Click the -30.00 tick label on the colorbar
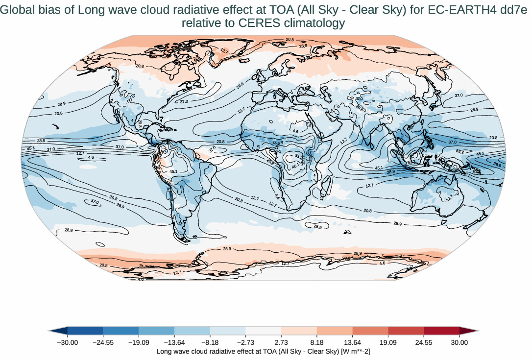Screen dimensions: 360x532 (x=68, y=342)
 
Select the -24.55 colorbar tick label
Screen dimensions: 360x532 (x=103, y=342)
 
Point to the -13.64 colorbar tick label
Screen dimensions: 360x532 (x=174, y=342)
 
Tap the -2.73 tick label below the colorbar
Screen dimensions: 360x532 (x=245, y=342)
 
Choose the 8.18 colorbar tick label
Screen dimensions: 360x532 (x=317, y=342)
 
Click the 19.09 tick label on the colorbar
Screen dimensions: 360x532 (x=388, y=342)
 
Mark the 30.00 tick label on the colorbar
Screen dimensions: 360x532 (x=459, y=342)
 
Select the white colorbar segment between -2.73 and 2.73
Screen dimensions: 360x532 (x=263, y=331)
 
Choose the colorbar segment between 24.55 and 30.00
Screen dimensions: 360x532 (x=441, y=331)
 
